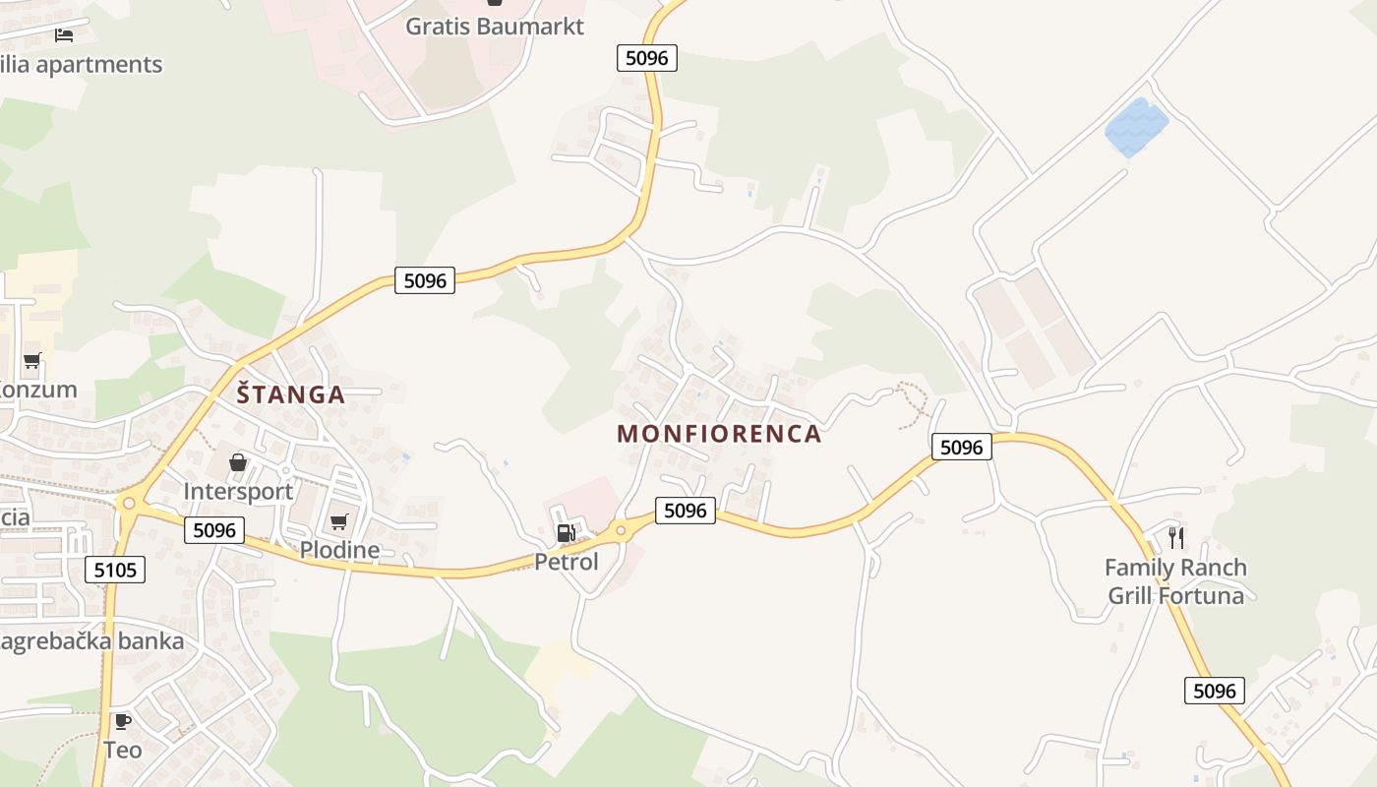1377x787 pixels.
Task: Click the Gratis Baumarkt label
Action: pos(495,27)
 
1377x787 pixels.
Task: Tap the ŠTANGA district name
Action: pos(290,394)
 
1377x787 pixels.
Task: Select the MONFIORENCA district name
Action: pos(719,434)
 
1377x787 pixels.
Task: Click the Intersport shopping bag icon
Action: pos(238,461)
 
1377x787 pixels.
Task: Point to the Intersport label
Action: pos(238,491)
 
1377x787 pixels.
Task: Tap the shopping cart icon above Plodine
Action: pos(339,521)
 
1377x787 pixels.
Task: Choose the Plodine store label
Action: pos(339,550)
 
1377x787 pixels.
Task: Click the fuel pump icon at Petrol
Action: pos(566,533)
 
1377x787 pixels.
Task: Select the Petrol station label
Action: pos(566,562)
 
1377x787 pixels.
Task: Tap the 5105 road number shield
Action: pos(115,570)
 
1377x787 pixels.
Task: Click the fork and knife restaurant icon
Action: pos(1175,537)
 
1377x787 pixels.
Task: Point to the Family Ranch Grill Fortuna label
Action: pos(1175,581)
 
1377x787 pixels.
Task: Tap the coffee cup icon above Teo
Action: pos(122,721)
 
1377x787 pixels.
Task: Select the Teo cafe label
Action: pos(123,750)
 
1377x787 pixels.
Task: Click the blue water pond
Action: pos(1136,126)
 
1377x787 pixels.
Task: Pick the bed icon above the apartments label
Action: pos(64,35)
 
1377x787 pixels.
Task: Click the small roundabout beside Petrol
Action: pos(620,530)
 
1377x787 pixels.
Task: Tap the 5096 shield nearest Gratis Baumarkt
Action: pos(646,58)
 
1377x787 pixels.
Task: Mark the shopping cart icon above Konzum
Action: pos(32,361)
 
